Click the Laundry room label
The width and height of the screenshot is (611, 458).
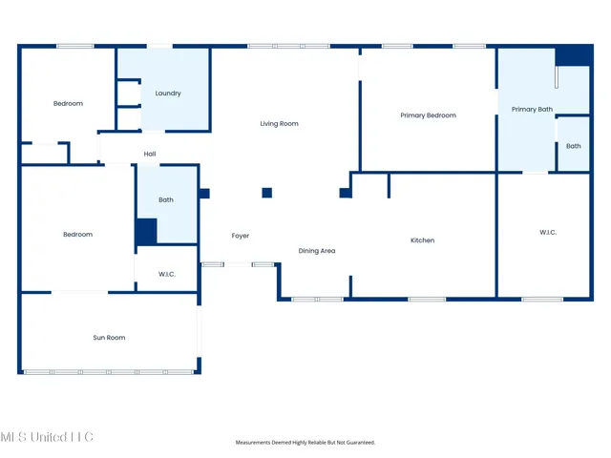tap(168, 94)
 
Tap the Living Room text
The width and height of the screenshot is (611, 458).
tap(280, 123)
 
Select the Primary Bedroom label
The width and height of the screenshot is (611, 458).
tap(428, 115)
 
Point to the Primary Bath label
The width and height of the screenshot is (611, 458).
tap(532, 110)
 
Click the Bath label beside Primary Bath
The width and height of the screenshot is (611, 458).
tap(573, 146)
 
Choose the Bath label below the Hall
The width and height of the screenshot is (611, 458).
tap(166, 200)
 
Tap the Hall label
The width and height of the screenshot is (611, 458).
tap(150, 154)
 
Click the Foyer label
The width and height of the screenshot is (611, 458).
tap(241, 236)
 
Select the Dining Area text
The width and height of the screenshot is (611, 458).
tap(317, 251)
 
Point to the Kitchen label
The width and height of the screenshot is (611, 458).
tap(422, 240)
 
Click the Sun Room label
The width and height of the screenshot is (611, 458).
tap(109, 338)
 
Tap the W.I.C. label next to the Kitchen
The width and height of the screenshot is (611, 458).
tap(548, 232)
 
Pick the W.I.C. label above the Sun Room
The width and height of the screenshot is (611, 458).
tap(166, 275)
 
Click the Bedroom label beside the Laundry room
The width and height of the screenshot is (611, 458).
tap(68, 103)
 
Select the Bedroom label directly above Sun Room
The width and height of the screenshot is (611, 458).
tap(77, 235)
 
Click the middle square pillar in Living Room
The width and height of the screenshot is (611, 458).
tap(267, 193)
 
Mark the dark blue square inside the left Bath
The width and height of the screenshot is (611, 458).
tap(145, 232)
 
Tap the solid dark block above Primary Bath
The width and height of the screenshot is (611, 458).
tap(574, 56)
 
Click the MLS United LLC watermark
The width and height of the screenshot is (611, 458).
tap(47, 437)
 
